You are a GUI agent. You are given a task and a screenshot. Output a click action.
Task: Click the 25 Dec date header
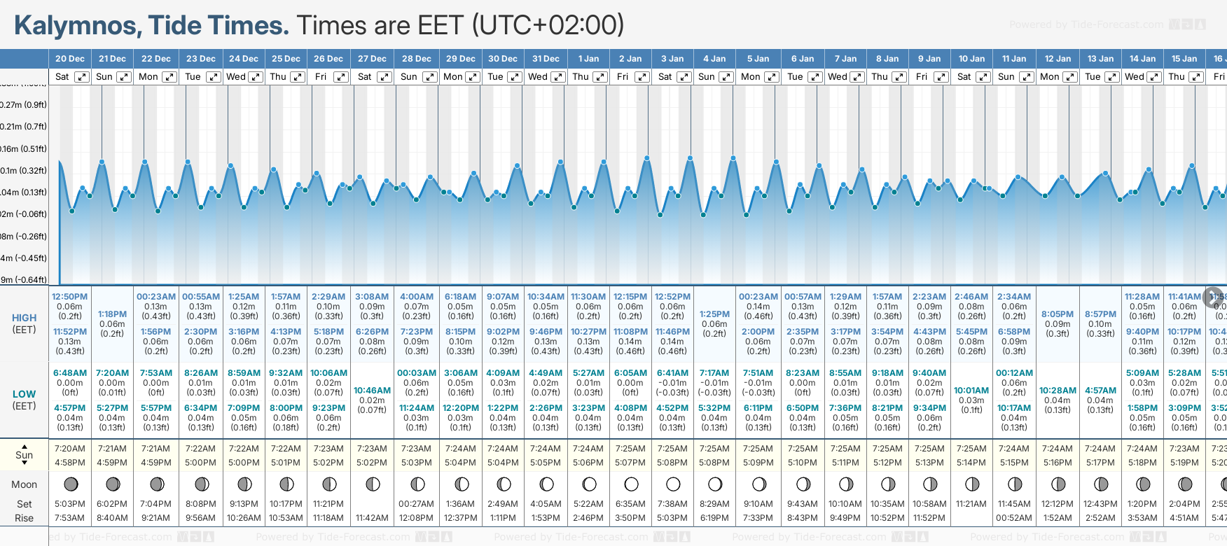pos(286,59)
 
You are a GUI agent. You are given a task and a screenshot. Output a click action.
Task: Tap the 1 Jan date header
pos(588,59)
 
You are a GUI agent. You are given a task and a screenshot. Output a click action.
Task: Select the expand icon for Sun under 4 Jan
pos(726,77)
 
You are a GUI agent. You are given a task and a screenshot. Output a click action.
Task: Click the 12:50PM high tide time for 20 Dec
pos(70,297)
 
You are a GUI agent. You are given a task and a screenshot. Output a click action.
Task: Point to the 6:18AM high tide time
pos(460,297)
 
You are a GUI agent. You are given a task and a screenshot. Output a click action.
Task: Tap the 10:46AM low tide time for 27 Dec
pos(372,391)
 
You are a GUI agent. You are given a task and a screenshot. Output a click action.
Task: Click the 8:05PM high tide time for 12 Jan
pos(1058,314)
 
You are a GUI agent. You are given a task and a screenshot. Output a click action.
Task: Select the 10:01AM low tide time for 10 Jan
pos(971,391)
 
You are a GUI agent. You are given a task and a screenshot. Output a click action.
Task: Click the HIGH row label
pos(24,318)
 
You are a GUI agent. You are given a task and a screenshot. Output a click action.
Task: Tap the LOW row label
pos(24,394)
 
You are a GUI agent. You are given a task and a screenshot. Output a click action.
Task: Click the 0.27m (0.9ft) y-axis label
pos(24,105)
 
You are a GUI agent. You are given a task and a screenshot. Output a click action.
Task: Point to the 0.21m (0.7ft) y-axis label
pos(24,127)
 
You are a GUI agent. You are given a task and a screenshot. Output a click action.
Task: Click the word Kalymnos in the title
pos(76,26)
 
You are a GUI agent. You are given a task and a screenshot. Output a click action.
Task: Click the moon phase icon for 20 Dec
pos(70,484)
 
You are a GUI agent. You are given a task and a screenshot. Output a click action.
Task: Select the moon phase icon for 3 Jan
pos(673,484)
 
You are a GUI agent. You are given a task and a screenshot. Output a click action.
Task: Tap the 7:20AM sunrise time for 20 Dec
pos(70,449)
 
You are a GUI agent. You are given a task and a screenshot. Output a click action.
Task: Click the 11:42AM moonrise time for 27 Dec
pos(372,518)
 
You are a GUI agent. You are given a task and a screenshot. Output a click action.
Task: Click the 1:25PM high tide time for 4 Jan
pos(714,314)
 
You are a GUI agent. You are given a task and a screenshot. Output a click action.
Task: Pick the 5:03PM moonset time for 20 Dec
pos(70,504)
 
